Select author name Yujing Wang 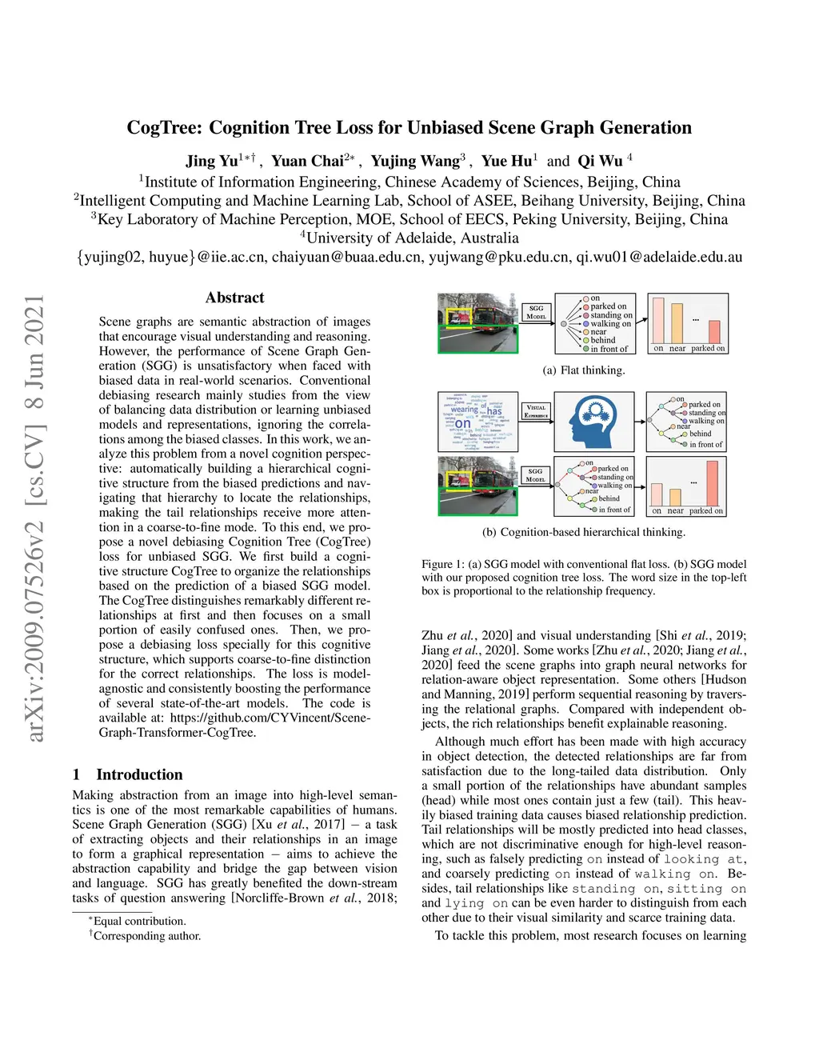[x=415, y=161]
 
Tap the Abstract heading [x=234, y=298]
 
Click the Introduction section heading [x=139, y=774]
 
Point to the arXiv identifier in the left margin [x=34, y=518]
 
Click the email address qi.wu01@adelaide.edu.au [x=659, y=257]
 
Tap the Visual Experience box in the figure [x=536, y=412]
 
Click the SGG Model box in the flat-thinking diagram [x=536, y=312]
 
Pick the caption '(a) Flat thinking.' [x=584, y=370]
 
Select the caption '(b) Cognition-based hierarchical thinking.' [x=584, y=532]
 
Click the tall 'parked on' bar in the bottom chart [x=712, y=482]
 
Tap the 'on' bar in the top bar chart [x=658, y=320]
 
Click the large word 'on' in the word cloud [x=463, y=424]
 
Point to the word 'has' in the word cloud [x=494, y=411]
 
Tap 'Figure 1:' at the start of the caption [x=442, y=564]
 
